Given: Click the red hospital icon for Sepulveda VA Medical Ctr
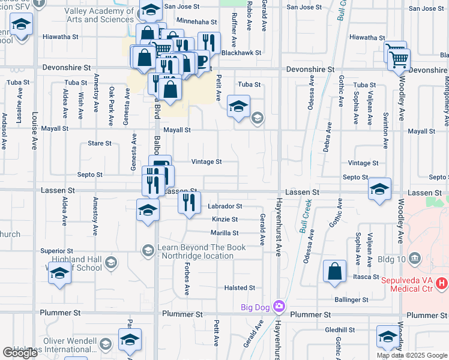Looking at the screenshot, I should (x=442, y=282).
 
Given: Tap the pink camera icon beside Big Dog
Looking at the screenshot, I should (x=279, y=307).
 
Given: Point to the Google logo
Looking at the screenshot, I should (x=20, y=353).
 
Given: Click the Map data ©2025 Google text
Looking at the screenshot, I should (x=412, y=355).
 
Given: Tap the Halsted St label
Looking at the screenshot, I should (x=240, y=288).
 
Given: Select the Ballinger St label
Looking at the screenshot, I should (x=352, y=299).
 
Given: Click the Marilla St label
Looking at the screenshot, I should (x=224, y=233).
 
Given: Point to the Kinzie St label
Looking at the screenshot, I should (x=225, y=220).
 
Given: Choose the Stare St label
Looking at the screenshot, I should (x=100, y=143).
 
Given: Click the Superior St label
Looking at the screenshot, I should (x=56, y=251).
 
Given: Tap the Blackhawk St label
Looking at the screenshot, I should (x=241, y=53).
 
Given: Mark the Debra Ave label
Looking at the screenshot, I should (x=328, y=137).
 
